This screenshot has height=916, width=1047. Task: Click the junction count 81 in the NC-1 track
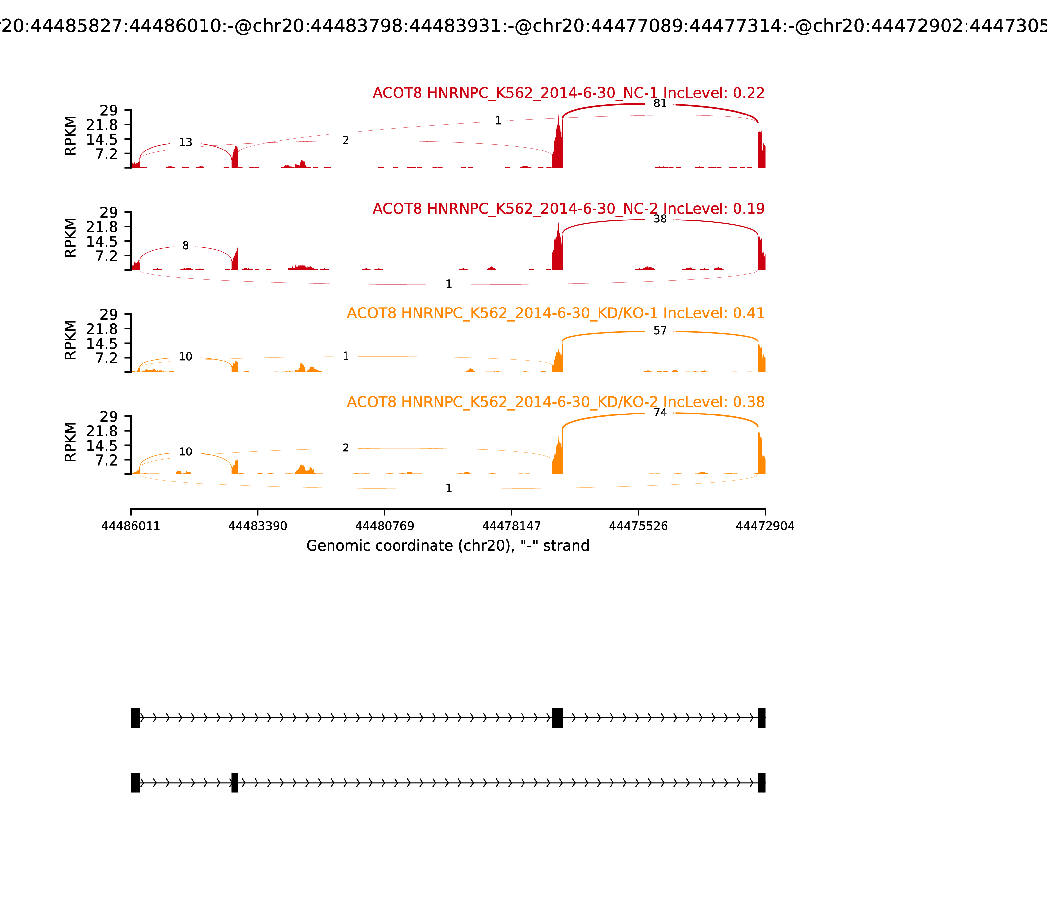[660, 104]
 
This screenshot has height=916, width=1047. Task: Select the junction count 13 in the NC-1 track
[186, 143]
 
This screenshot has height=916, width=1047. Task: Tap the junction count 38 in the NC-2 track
[660, 219]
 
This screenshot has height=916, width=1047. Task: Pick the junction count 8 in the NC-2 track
[186, 246]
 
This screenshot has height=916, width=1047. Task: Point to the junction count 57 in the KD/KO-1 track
[660, 331]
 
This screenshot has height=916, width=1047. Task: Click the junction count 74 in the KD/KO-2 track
[660, 413]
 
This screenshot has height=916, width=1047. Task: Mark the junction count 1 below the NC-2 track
[448, 284]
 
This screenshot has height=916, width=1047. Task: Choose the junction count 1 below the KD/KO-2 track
[448, 489]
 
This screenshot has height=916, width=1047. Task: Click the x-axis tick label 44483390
[258, 526]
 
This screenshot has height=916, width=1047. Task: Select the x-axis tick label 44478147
[511, 526]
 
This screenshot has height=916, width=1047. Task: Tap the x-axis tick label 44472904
[765, 526]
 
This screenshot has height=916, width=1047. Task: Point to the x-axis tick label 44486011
[131, 526]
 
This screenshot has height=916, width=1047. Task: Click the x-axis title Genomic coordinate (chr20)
[448, 546]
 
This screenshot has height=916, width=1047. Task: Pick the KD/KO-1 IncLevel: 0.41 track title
[556, 313]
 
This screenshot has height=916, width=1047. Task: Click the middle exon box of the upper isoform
[557, 718]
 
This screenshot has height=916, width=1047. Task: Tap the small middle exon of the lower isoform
[235, 783]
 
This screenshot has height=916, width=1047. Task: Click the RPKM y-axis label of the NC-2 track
[71, 238]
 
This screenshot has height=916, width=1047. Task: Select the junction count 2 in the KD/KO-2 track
[346, 448]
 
